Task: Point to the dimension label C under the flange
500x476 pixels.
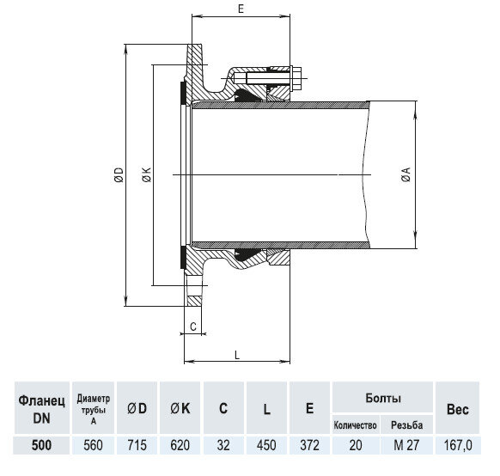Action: click(193, 326)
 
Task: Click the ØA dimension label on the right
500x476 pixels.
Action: click(403, 175)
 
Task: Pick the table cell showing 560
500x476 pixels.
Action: click(93, 445)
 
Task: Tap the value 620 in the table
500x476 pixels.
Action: click(180, 445)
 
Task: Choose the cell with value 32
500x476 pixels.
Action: click(223, 445)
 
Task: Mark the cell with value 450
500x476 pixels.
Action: click(266, 445)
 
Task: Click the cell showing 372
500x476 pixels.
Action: click(309, 445)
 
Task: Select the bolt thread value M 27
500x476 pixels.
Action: click(406, 445)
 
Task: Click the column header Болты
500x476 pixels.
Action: click(381, 399)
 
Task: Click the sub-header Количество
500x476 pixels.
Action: click(356, 425)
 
